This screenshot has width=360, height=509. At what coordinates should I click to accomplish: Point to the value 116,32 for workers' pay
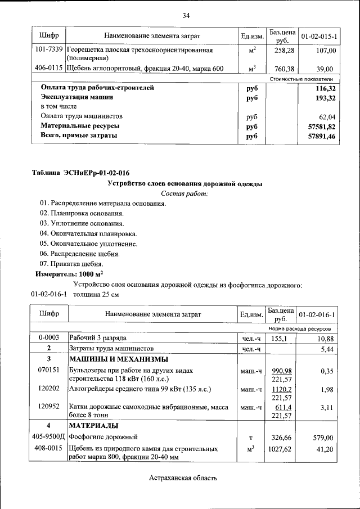pyautogui.click(x=325, y=88)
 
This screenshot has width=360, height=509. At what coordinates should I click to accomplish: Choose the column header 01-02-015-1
pyautogui.click(x=318, y=36)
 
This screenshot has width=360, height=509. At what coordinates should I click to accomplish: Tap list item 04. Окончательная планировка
pyautogui.click(x=88, y=233)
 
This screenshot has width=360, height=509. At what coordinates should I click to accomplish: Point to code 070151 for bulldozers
pyautogui.click(x=49, y=371)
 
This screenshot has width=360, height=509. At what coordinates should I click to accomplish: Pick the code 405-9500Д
pyautogui.click(x=49, y=437)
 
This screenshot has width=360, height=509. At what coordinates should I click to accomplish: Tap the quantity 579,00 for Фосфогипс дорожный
pyautogui.click(x=325, y=437)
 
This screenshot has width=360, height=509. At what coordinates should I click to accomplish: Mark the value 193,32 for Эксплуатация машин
pyautogui.click(x=325, y=98)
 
